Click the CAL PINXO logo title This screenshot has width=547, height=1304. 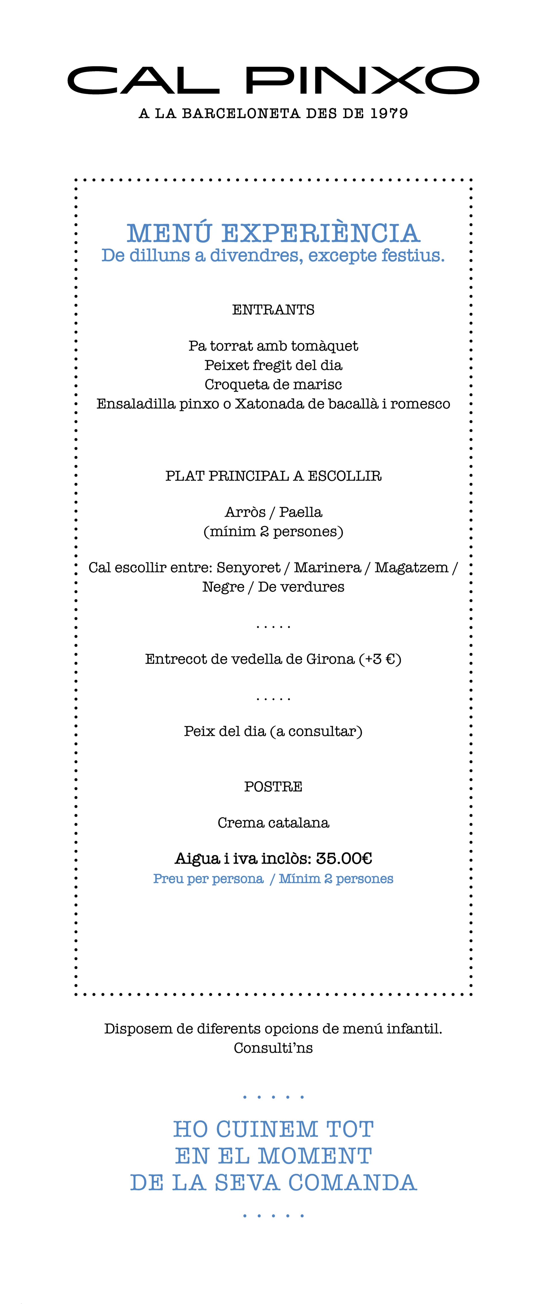tap(273, 80)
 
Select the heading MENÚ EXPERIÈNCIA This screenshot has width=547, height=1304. tap(273, 233)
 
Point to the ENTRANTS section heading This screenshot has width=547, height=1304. tap(273, 310)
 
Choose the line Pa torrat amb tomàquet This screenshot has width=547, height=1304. tap(273, 346)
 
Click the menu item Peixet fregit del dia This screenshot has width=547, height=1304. tap(273, 365)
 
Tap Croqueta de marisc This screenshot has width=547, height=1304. tap(273, 385)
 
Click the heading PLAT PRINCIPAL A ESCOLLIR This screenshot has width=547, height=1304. tap(273, 476)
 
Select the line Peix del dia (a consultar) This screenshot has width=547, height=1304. tap(273, 732)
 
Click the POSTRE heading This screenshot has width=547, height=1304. tap(273, 787)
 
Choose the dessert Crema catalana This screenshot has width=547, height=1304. tap(273, 823)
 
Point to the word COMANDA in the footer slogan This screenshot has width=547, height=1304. tap(352, 1183)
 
